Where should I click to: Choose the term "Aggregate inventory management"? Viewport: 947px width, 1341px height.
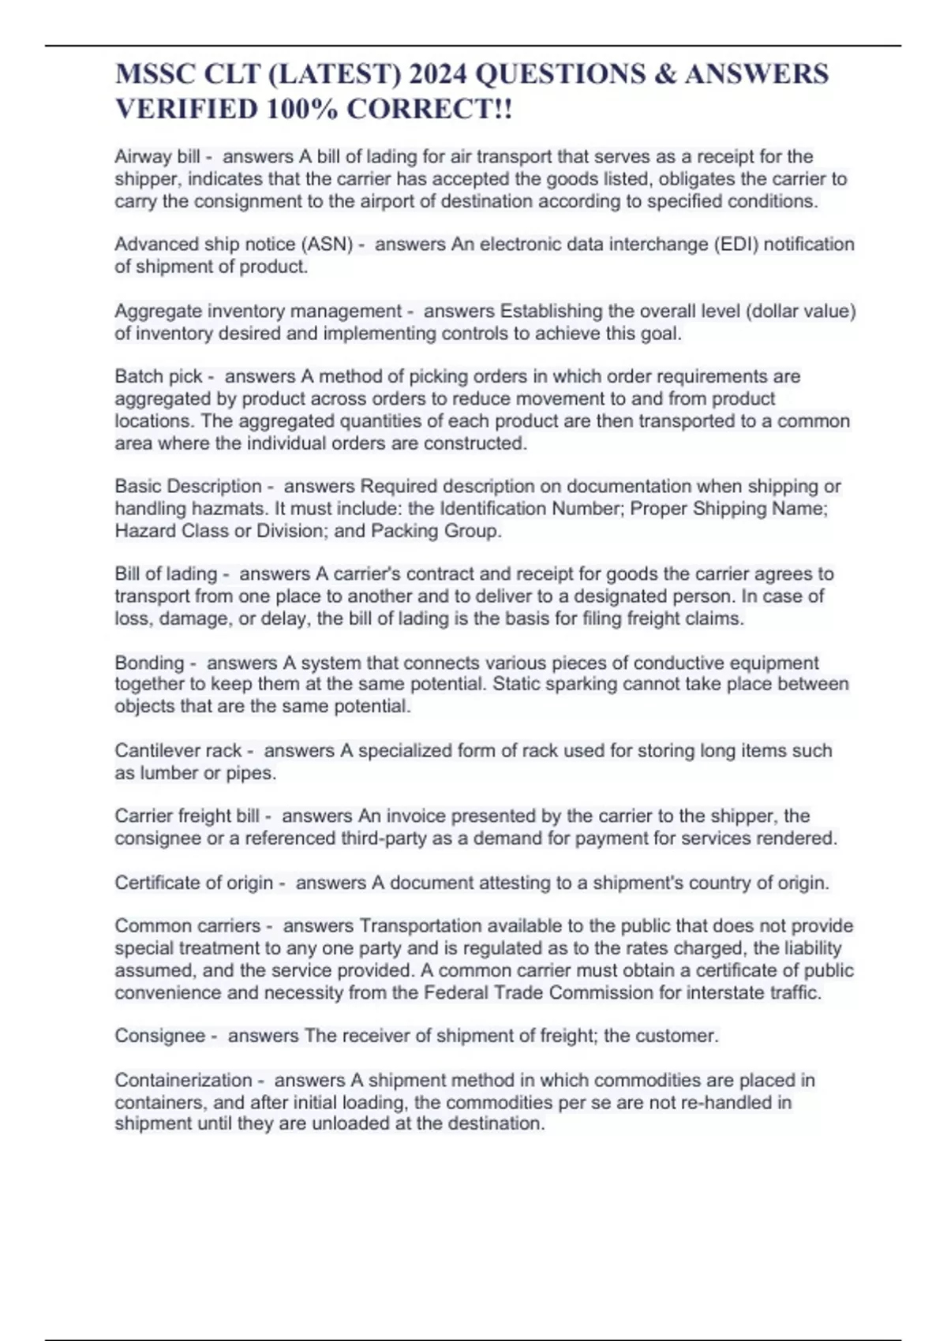click(258, 312)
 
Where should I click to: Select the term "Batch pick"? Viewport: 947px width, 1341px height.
click(159, 376)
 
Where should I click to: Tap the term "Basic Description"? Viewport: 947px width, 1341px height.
click(188, 486)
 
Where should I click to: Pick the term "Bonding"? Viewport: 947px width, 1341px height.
click(149, 663)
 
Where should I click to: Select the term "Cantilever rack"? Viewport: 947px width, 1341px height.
click(178, 751)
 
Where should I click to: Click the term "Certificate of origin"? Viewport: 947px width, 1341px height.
click(194, 883)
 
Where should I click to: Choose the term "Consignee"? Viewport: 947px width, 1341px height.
click(160, 1036)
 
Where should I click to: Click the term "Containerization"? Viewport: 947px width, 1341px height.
click(183, 1080)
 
